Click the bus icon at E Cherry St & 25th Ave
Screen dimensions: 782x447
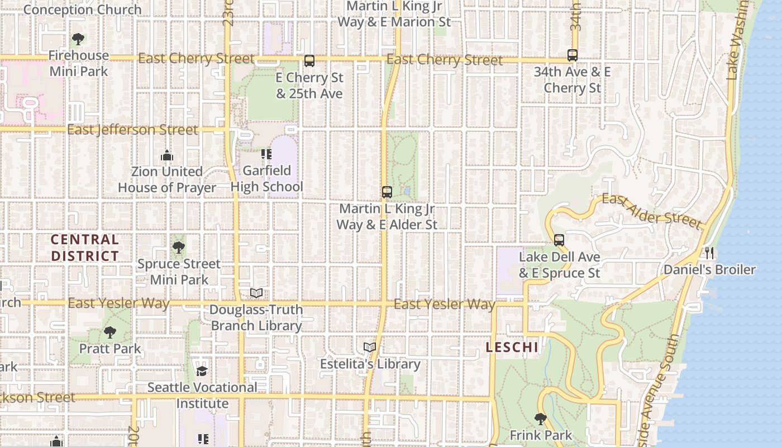309,61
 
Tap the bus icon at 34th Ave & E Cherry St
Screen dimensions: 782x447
573,55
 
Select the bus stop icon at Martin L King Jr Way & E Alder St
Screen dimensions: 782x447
387,192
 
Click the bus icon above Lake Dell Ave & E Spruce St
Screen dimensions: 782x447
559,240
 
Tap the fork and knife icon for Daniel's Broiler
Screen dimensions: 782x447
709,253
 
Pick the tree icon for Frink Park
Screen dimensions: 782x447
540,419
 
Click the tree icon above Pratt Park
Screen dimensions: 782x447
110,332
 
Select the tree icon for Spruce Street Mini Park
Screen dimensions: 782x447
179,248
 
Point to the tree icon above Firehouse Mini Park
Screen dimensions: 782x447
78,39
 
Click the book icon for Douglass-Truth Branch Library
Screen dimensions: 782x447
256,293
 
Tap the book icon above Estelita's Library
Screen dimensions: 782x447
370,348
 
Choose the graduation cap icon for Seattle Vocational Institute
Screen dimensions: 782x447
202,371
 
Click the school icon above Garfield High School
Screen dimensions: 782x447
266,154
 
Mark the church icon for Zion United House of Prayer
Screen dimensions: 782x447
166,155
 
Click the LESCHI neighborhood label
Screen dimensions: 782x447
512,348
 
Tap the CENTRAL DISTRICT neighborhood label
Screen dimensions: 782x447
85,248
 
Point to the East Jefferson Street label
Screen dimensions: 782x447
132,130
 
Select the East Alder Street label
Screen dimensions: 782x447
651,211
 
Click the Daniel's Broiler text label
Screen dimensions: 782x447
709,270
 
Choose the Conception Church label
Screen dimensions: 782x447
83,9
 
